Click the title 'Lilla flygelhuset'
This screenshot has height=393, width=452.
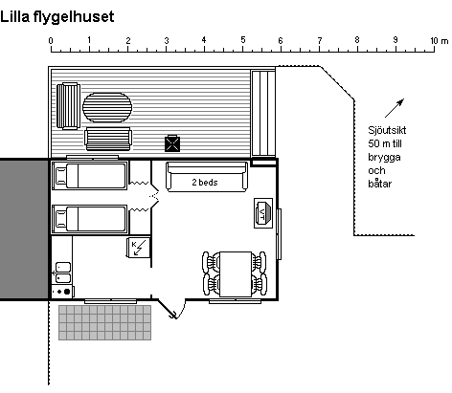pos(57,17)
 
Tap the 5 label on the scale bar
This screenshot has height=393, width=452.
pos(243,40)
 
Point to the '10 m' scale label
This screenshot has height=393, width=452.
pos(439,41)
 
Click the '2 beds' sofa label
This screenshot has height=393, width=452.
pos(205,183)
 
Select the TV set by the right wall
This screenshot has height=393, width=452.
pos(263,213)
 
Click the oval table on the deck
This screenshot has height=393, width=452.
pos(107,107)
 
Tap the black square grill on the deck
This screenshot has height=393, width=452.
pos(172,143)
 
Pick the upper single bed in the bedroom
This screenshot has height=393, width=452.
pos(90,176)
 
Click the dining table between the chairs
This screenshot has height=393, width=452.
pos(236,274)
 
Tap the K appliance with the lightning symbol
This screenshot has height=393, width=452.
pos(138,248)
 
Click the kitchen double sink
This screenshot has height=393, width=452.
pos(63,273)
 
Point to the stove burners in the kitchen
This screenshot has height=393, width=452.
pos(62,292)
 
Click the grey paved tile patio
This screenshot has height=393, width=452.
pos(104,322)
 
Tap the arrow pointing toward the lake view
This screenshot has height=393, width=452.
pos(395,108)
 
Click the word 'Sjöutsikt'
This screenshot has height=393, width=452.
pos(387,130)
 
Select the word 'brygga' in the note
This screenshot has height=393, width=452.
pos(384,158)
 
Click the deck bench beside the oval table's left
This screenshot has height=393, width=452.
pos(68,106)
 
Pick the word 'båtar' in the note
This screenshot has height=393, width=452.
pos(380,184)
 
